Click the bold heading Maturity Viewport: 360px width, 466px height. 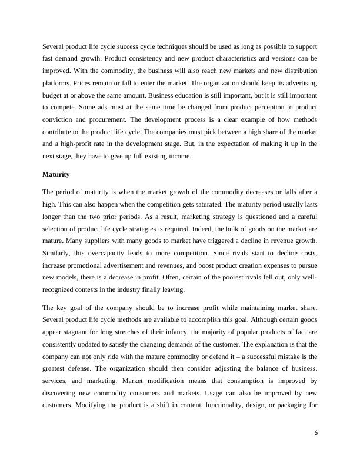pyautogui.click(x=56, y=174)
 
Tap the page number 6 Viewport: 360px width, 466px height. pyautogui.click(x=316, y=432)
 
